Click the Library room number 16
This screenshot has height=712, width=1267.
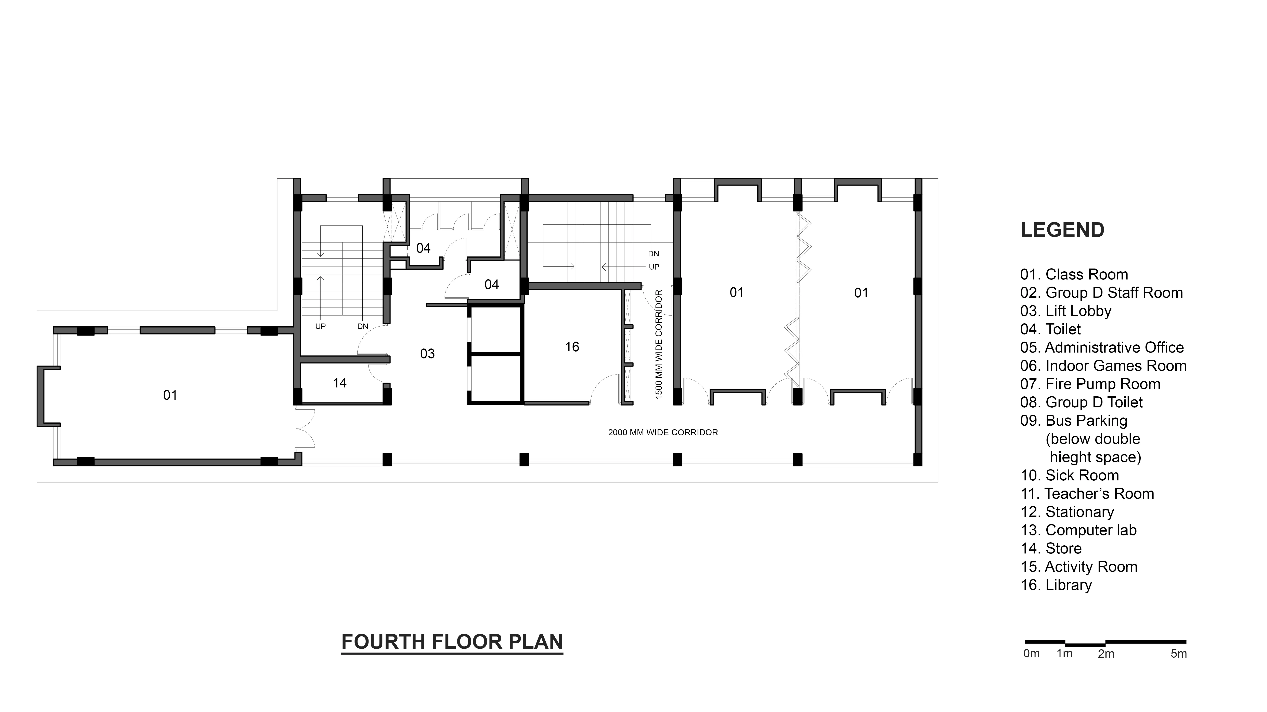(572, 347)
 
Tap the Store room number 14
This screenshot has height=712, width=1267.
(339, 383)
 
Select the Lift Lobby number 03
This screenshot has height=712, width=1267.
(427, 354)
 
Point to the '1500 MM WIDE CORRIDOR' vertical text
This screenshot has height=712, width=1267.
(659, 344)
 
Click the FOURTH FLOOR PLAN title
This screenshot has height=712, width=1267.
(452, 642)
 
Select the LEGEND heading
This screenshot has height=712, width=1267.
(1062, 230)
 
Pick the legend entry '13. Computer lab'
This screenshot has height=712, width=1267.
(1079, 530)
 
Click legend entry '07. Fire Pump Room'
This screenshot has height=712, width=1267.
(1090, 384)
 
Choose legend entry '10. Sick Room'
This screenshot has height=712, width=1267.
(1070, 475)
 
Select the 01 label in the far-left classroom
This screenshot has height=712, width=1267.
(170, 395)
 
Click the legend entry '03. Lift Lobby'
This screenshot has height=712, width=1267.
(1066, 311)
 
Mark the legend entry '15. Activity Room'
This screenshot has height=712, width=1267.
(1079, 566)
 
